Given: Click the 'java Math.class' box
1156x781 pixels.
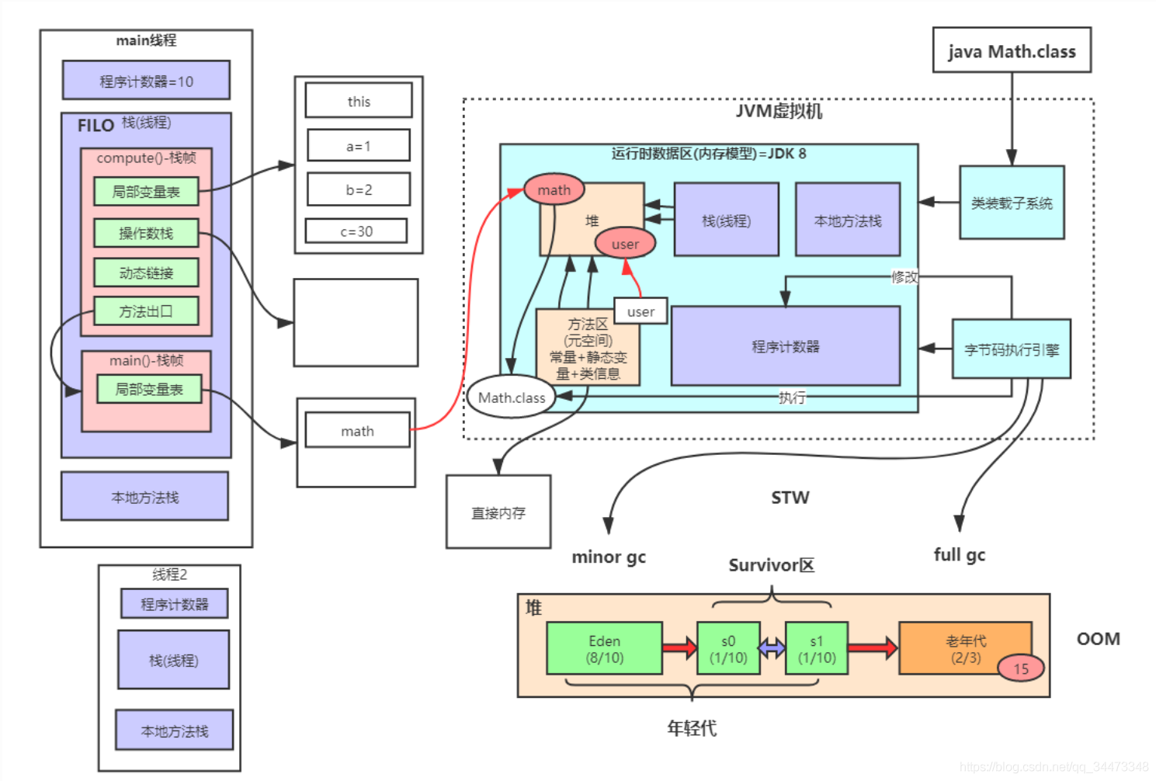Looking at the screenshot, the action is pos(1012,50).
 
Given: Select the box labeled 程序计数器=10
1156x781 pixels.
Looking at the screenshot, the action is pos(146,80).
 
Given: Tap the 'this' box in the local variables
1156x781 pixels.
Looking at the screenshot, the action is pos(359,100).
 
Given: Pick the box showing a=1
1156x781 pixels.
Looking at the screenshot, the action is pos(359,145).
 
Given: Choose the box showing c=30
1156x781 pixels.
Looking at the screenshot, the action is pos(356,231).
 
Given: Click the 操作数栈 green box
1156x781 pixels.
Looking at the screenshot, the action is pos(146,233).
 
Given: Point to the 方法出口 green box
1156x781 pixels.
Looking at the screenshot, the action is pos(146,311).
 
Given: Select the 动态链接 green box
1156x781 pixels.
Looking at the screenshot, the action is pos(146,272).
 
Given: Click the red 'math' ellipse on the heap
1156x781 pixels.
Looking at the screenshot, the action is pos(554,189).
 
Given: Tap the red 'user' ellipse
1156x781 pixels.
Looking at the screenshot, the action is pos(625,243).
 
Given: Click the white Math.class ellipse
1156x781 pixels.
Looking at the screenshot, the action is pos(511,397).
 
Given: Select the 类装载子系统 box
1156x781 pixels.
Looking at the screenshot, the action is pos(1012,203).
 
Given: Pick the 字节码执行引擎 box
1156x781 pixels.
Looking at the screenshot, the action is pos(1012,349).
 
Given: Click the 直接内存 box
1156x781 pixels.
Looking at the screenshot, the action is pos(498,512).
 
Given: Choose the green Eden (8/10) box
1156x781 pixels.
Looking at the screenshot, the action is pos(604,647).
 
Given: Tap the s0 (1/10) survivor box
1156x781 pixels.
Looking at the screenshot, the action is pos(728,647).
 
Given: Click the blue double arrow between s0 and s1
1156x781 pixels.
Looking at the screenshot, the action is pos(772,647).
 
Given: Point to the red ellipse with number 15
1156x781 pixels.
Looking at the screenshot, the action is pos(1021,668).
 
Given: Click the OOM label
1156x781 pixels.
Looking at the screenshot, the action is pos(1099,638).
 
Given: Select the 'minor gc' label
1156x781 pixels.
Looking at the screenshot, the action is pos(609,557).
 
